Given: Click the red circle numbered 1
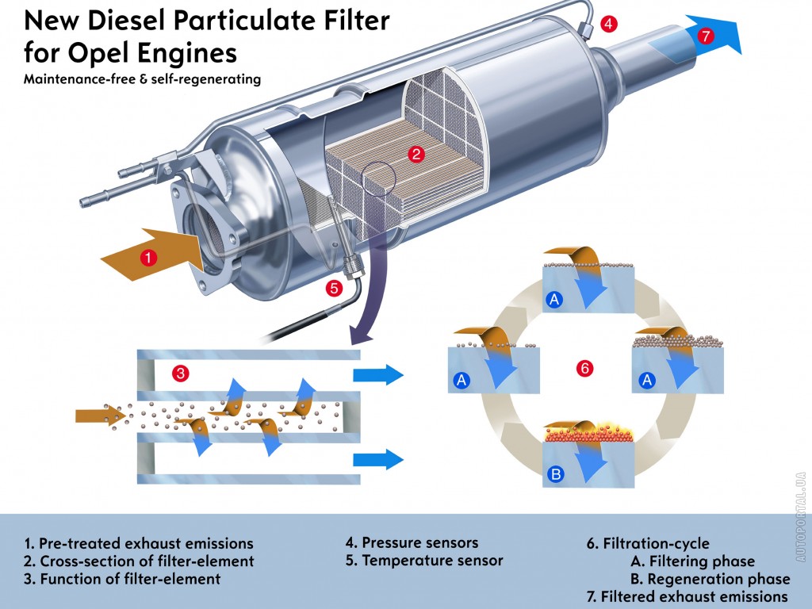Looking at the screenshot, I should [x=148, y=256].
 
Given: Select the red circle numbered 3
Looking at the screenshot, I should [x=181, y=372].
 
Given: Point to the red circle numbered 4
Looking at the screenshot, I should [x=608, y=24].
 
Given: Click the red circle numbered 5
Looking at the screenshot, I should [x=334, y=289].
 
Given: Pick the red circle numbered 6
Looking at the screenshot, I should [x=584, y=368].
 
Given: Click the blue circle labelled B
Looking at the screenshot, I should [x=556, y=475].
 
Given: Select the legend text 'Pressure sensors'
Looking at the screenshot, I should [x=412, y=542].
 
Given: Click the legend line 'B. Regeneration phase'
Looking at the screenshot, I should [x=710, y=578].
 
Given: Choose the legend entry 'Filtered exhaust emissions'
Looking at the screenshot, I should [x=687, y=596].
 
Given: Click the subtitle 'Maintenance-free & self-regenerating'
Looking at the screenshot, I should [x=142, y=79].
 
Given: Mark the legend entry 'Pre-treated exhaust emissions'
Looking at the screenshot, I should [x=139, y=543].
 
